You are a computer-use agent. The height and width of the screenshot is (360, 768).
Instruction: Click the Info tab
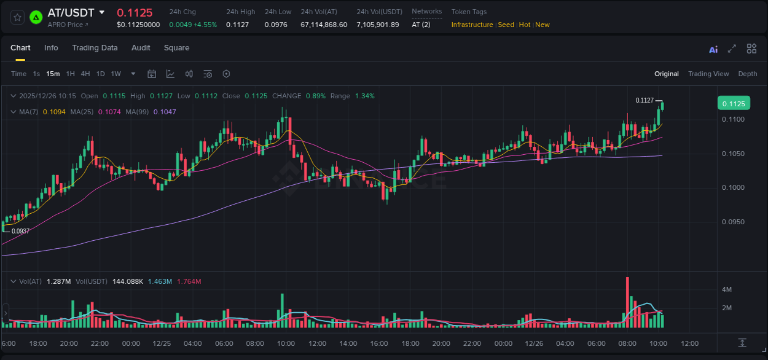pos(51,48)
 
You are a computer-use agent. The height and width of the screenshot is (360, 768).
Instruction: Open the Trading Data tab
pos(95,48)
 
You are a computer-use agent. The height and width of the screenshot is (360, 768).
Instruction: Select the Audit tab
pos(141,48)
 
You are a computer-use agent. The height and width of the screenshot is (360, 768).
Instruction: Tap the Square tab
pos(176,48)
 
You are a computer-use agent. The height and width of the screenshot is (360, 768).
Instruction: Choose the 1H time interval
pos(70,74)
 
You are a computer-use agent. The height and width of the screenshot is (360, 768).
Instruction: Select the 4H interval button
pos(85,74)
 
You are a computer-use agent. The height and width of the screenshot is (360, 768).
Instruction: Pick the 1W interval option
pos(116,74)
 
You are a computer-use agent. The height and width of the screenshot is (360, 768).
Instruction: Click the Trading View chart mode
pos(708,74)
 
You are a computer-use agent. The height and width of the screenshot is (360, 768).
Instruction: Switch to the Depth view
pos(747,74)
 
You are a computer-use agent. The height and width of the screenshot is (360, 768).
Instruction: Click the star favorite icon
pos(17,17)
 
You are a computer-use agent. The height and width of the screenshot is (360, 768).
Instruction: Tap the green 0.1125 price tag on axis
pos(734,104)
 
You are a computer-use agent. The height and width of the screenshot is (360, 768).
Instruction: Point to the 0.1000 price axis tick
pos(733,188)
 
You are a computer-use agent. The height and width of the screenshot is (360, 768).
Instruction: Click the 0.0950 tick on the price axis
pos(733,222)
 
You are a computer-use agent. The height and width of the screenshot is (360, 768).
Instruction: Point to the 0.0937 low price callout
pos(21,231)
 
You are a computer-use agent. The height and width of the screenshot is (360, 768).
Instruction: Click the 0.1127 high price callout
pos(645,100)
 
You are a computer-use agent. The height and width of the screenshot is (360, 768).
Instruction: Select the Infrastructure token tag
pos(472,25)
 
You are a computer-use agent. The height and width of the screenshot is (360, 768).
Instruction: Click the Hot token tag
pos(524,25)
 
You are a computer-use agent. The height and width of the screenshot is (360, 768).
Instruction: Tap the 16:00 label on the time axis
pos(379,343)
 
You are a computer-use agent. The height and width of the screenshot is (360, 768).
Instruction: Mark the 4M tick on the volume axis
pos(726,289)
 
